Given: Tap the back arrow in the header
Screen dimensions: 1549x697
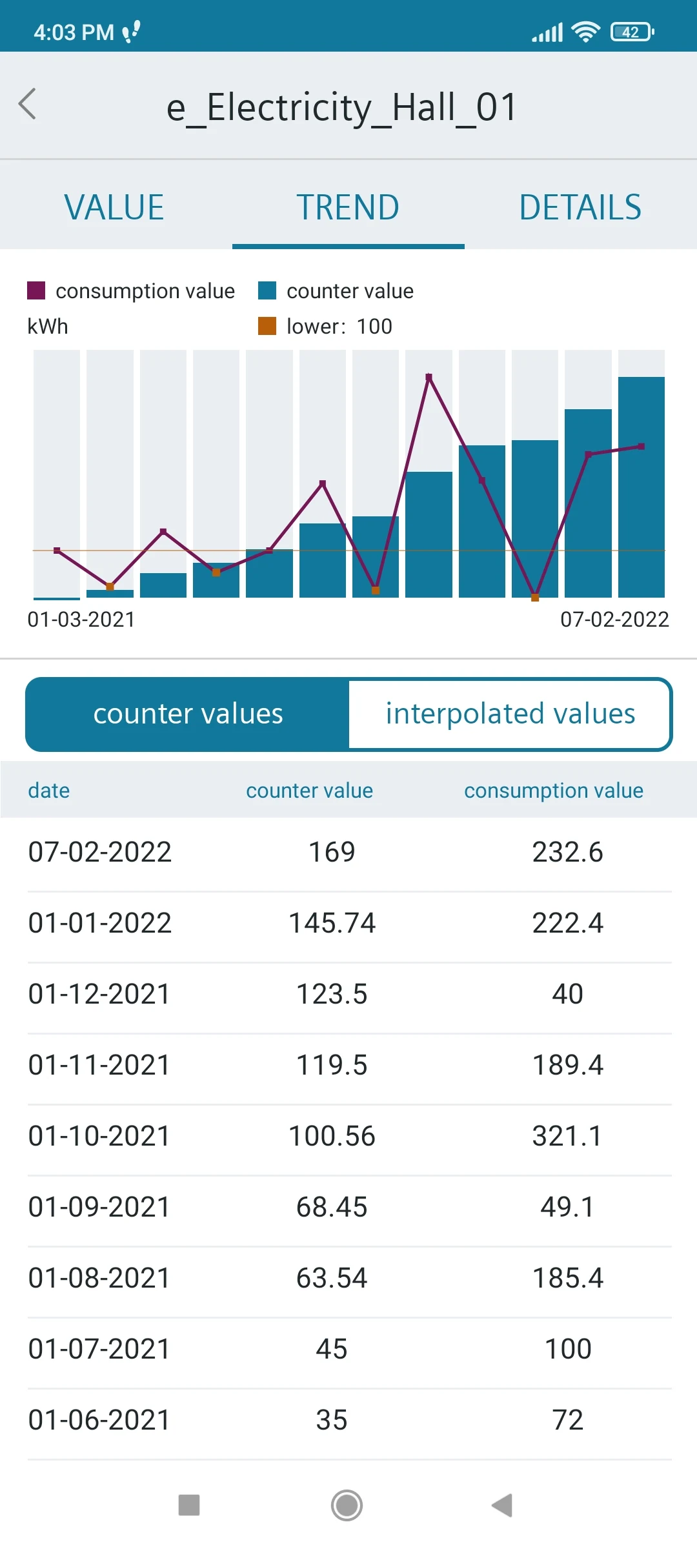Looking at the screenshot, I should (28, 105).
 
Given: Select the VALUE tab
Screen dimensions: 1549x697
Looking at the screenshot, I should (114, 208).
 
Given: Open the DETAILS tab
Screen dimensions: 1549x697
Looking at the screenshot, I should (580, 208).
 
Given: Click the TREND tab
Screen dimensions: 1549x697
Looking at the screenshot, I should (348, 208).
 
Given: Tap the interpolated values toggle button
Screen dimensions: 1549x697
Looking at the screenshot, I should (510, 714).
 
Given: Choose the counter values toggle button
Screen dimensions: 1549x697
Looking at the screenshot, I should (188, 714).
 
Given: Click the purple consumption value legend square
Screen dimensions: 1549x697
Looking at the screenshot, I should (36, 290).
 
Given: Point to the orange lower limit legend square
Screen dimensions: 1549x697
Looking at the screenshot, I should (267, 326).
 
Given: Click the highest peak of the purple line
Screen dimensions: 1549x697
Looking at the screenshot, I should (429, 376).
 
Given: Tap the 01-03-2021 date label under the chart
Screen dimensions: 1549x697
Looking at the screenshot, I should (81, 620).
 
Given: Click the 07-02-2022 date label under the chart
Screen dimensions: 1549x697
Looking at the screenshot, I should (614, 620).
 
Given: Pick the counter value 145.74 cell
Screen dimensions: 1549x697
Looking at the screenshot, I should (332, 923).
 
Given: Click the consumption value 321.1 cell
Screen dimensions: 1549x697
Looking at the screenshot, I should (567, 1136).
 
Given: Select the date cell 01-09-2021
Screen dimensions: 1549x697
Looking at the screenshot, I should (99, 1207).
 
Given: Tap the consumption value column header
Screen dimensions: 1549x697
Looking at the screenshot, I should (554, 791).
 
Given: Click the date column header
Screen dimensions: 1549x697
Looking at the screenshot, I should (49, 791).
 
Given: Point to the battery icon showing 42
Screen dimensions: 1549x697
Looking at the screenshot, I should (632, 32).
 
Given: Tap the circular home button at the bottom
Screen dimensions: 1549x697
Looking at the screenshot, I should (347, 1506).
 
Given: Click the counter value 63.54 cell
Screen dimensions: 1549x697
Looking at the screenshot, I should (332, 1278).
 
